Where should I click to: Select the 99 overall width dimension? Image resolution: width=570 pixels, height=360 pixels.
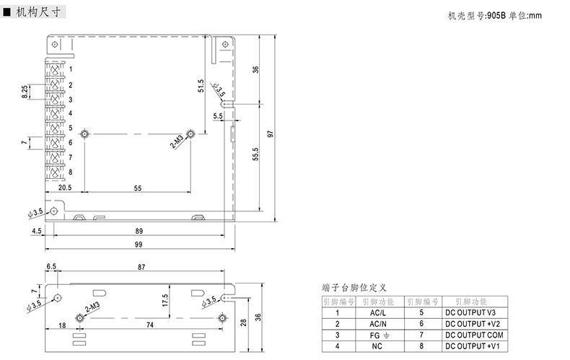pos(137,245)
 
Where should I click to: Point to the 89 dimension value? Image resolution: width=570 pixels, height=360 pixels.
pos(137,231)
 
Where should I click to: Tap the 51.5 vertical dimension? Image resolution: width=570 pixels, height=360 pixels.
pos(201,87)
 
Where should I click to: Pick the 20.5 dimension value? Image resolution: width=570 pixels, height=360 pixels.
pos(65,188)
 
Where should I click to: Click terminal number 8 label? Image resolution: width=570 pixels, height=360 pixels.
pos(70,172)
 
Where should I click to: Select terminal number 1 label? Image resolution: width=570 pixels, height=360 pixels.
pos(70,69)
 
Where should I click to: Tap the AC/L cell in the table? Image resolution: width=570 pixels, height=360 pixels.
pos(378,312)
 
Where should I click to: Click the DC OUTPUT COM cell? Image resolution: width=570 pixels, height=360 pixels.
pos(471,335)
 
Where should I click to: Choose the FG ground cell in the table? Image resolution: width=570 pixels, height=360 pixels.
pos(378,335)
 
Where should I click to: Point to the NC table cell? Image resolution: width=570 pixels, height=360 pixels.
pos(378,346)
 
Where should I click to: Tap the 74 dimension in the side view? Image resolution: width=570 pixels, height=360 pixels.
pos(150,325)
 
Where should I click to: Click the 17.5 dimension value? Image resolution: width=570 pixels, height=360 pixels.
pos(165,301)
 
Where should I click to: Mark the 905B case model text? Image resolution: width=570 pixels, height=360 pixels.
pos(497,17)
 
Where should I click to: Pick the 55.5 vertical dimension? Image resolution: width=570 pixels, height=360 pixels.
pos(255,154)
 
